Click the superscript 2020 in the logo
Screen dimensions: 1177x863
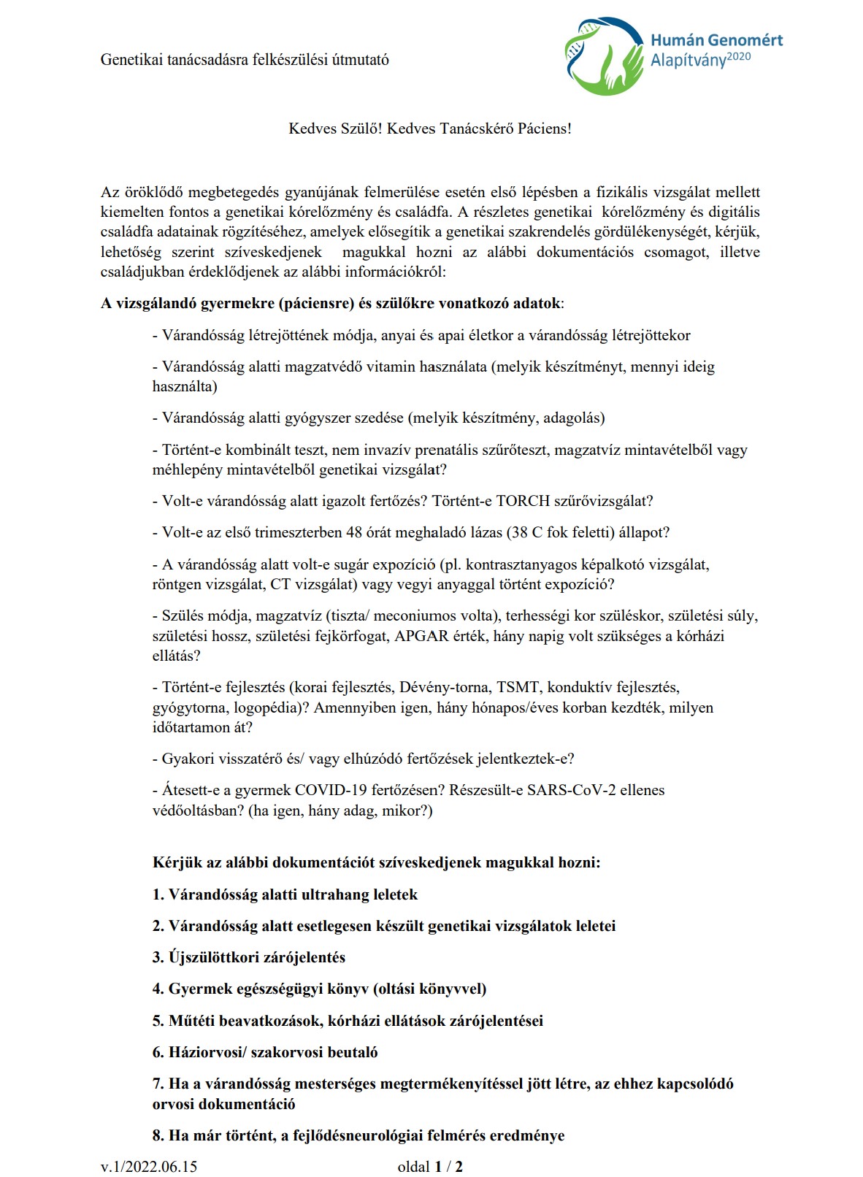point(739,56)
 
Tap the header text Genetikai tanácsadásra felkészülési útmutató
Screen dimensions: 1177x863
point(245,60)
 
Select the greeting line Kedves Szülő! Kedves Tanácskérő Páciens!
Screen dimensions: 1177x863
point(430,129)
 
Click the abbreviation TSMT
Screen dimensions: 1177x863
point(518,687)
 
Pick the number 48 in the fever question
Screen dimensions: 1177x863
point(354,532)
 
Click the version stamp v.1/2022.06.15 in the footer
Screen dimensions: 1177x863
point(149,1166)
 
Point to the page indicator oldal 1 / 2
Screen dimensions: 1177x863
point(430,1166)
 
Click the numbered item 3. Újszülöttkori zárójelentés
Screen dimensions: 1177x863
point(248,957)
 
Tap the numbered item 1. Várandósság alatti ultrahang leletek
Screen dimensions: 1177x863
point(285,894)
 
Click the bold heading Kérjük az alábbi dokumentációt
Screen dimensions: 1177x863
point(376,862)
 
